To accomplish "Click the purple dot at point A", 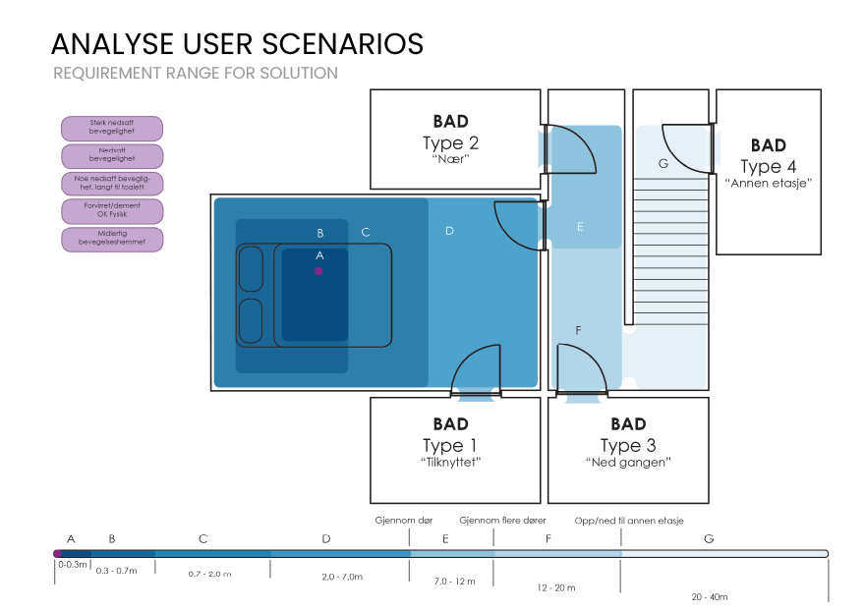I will click(318, 269).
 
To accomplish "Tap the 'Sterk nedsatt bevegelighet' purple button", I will click(112, 128).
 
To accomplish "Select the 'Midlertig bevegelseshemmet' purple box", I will click(112, 239).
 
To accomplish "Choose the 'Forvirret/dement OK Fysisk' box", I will click(112, 211).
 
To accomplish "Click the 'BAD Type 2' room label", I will click(450, 142).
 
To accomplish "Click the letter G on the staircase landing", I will click(663, 164).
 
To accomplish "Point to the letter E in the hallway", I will click(580, 227).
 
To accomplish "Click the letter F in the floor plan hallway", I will click(578, 329).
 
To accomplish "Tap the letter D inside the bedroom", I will click(449, 231).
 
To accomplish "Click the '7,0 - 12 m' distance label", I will click(455, 582).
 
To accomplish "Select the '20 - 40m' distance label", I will click(709, 596).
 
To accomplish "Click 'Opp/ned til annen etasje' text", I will click(629, 521).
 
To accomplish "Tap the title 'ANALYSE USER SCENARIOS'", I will click(238, 44).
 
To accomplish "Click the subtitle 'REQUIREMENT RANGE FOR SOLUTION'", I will click(196, 74).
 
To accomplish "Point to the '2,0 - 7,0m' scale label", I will click(342, 577).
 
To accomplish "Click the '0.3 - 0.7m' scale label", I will click(117, 570).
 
